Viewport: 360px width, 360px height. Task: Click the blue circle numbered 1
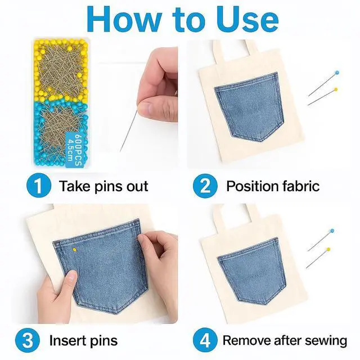pyautogui.click(x=38, y=185)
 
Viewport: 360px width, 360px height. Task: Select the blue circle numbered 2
pyautogui.click(x=205, y=185)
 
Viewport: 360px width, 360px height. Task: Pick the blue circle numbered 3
pyautogui.click(x=28, y=340)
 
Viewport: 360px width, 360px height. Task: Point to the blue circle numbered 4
pyautogui.click(x=205, y=340)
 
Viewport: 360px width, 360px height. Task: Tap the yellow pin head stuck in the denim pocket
pyautogui.click(x=75, y=249)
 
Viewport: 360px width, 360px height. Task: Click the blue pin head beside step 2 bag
pyautogui.click(x=337, y=73)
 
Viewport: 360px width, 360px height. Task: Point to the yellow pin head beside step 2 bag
pyautogui.click(x=336, y=89)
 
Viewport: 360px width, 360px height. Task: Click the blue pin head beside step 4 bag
pyautogui.click(x=332, y=231)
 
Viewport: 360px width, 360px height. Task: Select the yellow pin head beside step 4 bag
pyautogui.click(x=328, y=249)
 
